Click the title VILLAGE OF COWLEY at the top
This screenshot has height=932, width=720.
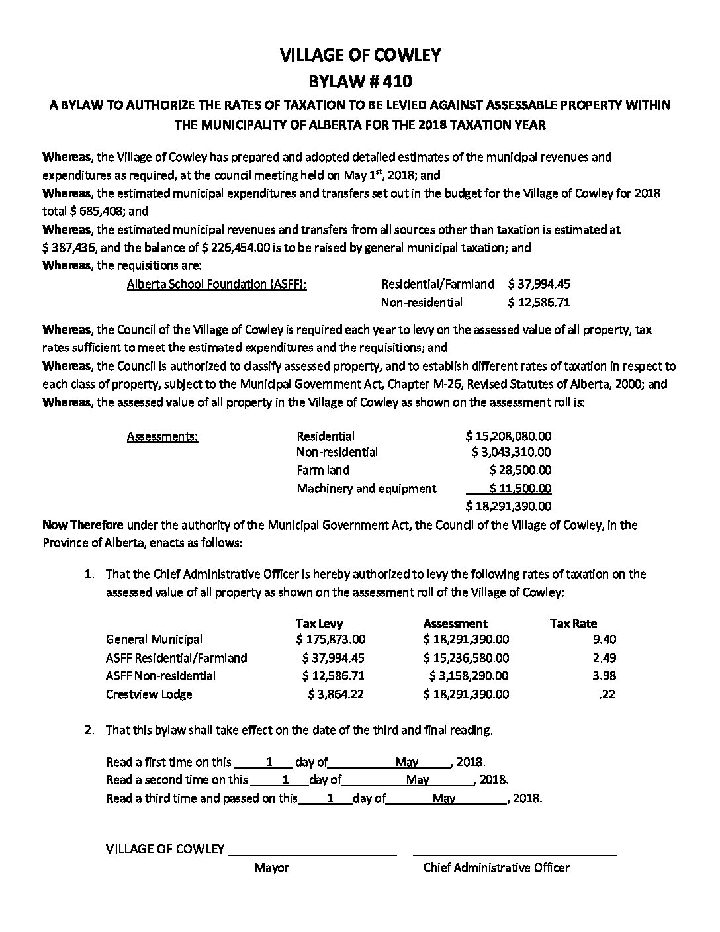360,56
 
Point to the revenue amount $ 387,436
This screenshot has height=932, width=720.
72,248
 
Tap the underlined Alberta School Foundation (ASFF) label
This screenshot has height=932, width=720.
216,284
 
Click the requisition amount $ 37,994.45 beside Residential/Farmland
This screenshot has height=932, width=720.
539,284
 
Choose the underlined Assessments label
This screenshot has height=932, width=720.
162,436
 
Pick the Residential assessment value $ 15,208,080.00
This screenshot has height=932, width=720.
508,436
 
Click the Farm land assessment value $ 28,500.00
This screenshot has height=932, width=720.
520,470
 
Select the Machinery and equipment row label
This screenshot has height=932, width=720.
367,489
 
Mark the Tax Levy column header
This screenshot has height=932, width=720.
319,623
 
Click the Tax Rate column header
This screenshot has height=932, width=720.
573,623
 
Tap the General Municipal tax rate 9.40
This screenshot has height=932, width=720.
605,639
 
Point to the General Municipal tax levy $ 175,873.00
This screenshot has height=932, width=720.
331,639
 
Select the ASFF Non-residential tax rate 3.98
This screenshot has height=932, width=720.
605,676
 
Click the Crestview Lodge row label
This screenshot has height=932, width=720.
149,694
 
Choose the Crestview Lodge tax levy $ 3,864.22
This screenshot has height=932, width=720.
336,694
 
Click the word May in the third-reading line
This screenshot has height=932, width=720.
444,798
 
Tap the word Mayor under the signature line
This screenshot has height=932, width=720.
271,868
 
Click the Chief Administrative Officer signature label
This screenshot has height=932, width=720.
496,868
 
